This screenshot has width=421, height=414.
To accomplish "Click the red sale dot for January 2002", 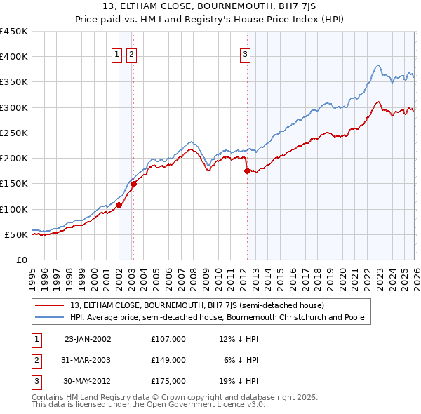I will [119, 206].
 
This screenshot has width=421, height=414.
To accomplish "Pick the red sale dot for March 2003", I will [133, 184].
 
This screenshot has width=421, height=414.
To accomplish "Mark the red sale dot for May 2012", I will [247, 171].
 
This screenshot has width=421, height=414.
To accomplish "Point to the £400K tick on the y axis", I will [15, 57].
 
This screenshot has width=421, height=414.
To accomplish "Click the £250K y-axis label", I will [15, 133].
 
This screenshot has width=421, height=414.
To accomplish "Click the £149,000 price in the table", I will [168, 360].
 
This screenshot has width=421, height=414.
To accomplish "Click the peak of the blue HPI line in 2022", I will [378, 65].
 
